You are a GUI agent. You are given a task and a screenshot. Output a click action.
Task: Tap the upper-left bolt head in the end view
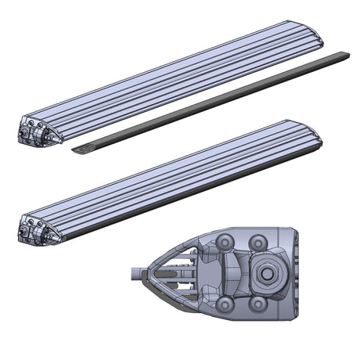coord(228,241)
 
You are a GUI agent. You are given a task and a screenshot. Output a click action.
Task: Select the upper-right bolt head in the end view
coord(261,239)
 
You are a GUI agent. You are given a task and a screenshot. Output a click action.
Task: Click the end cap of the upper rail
coord(35,131)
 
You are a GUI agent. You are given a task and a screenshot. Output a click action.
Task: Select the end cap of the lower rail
coord(35,226)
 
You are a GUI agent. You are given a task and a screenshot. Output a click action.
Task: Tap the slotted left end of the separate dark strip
coord(81,147)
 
